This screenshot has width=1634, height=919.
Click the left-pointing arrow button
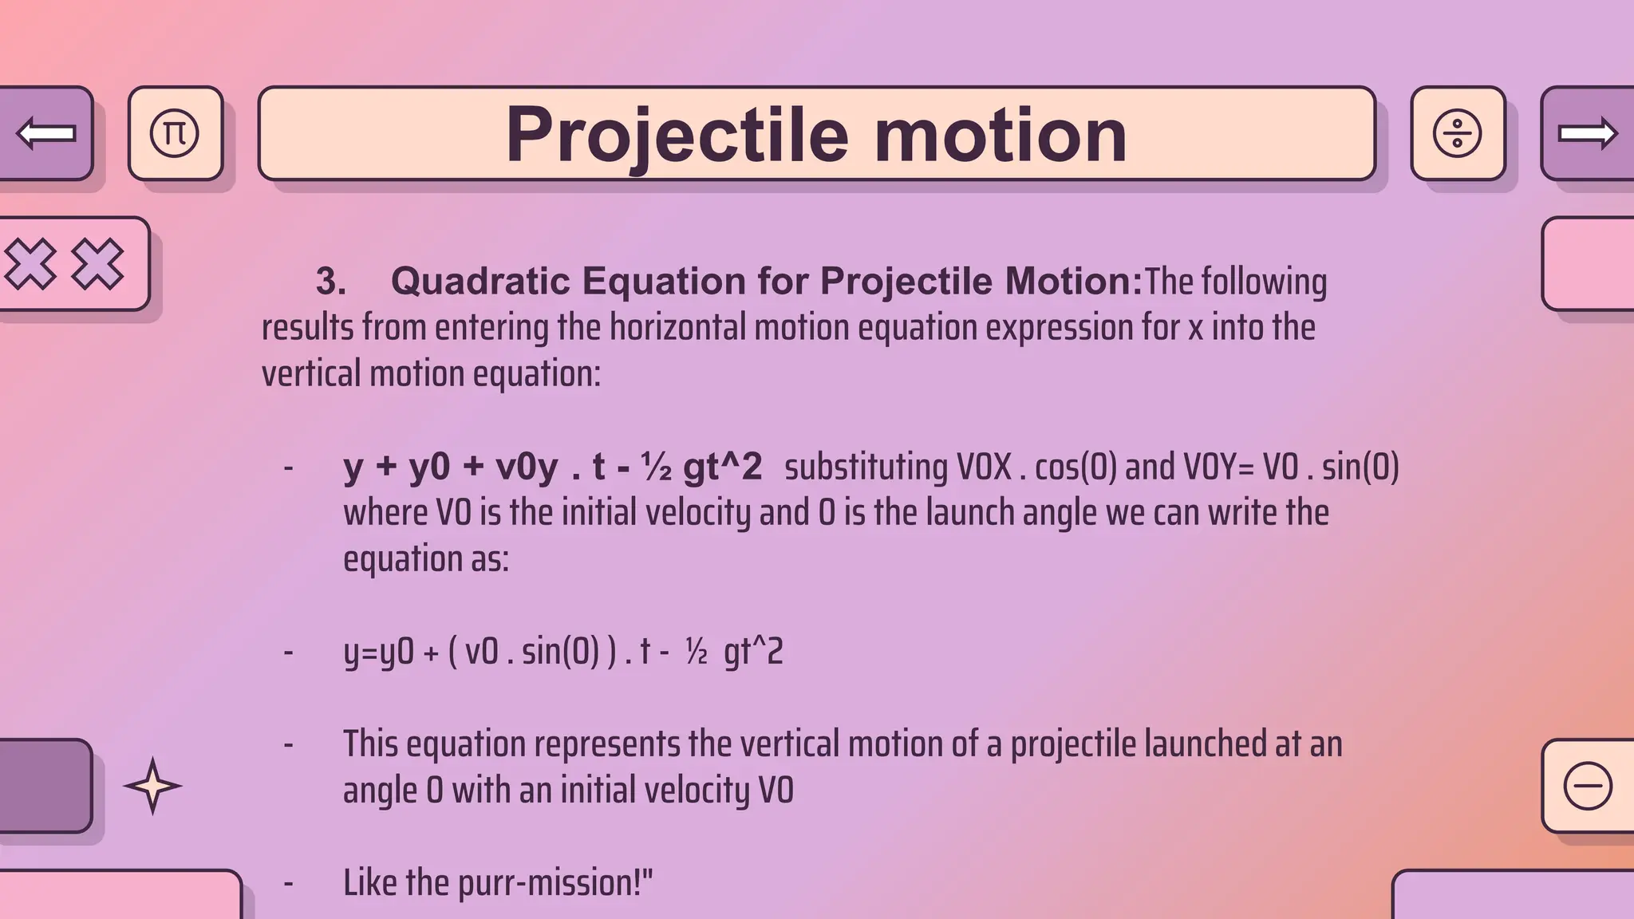point(45,133)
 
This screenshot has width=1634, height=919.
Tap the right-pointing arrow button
point(1588,133)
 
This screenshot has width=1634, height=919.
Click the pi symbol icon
point(175,133)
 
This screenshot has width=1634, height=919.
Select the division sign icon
point(1457,133)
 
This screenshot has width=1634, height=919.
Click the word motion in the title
point(1001,136)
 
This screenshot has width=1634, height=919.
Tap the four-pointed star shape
point(152,786)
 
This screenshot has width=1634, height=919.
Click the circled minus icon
point(1588,786)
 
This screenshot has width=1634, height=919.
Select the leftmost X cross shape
point(30,264)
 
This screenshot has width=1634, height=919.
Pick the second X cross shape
point(97,264)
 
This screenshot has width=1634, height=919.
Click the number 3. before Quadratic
point(330,282)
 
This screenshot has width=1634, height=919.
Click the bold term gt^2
point(722,467)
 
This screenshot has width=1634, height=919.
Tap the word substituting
point(866,467)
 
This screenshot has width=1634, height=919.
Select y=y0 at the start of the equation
point(378,653)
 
